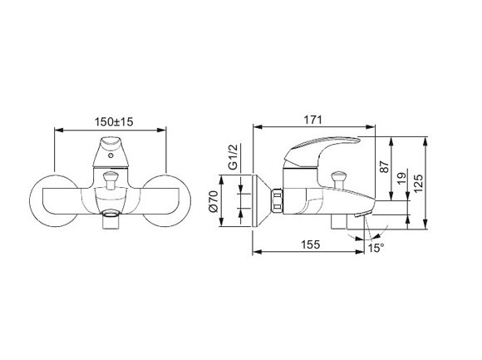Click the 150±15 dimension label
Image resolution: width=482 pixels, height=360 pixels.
click(x=114, y=121)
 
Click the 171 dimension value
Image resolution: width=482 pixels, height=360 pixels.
click(x=313, y=120)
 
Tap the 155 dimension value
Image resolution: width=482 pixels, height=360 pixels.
click(x=310, y=244)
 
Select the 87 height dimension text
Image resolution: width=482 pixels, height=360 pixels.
click(x=385, y=166)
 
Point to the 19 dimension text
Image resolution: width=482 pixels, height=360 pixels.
click(x=401, y=178)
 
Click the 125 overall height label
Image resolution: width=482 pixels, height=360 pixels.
click(x=418, y=184)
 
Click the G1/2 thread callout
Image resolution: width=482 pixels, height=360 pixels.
click(x=234, y=157)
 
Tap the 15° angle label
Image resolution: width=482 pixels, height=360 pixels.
click(x=376, y=248)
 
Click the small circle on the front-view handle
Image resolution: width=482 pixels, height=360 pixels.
click(x=111, y=155)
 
